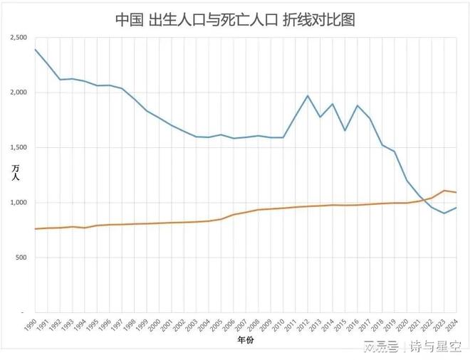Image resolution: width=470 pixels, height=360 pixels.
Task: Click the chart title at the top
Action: [x=235, y=19]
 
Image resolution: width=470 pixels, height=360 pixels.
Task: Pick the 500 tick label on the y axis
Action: [x=21, y=258]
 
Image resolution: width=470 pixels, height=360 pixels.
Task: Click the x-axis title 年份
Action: [x=244, y=341]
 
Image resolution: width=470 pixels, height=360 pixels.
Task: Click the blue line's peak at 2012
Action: [x=308, y=95]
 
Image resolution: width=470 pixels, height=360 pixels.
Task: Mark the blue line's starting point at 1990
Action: [x=35, y=49]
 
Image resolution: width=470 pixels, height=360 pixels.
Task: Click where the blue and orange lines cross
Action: [x=423, y=200]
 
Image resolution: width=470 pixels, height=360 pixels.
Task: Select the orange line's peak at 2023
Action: [x=444, y=190]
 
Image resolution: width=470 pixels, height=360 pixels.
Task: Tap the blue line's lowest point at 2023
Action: [x=444, y=213]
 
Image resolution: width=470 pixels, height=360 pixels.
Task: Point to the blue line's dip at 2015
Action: [x=345, y=130]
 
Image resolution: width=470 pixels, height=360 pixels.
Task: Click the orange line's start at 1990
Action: [x=35, y=229]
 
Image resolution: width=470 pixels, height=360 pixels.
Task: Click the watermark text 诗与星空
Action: [x=436, y=346]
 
